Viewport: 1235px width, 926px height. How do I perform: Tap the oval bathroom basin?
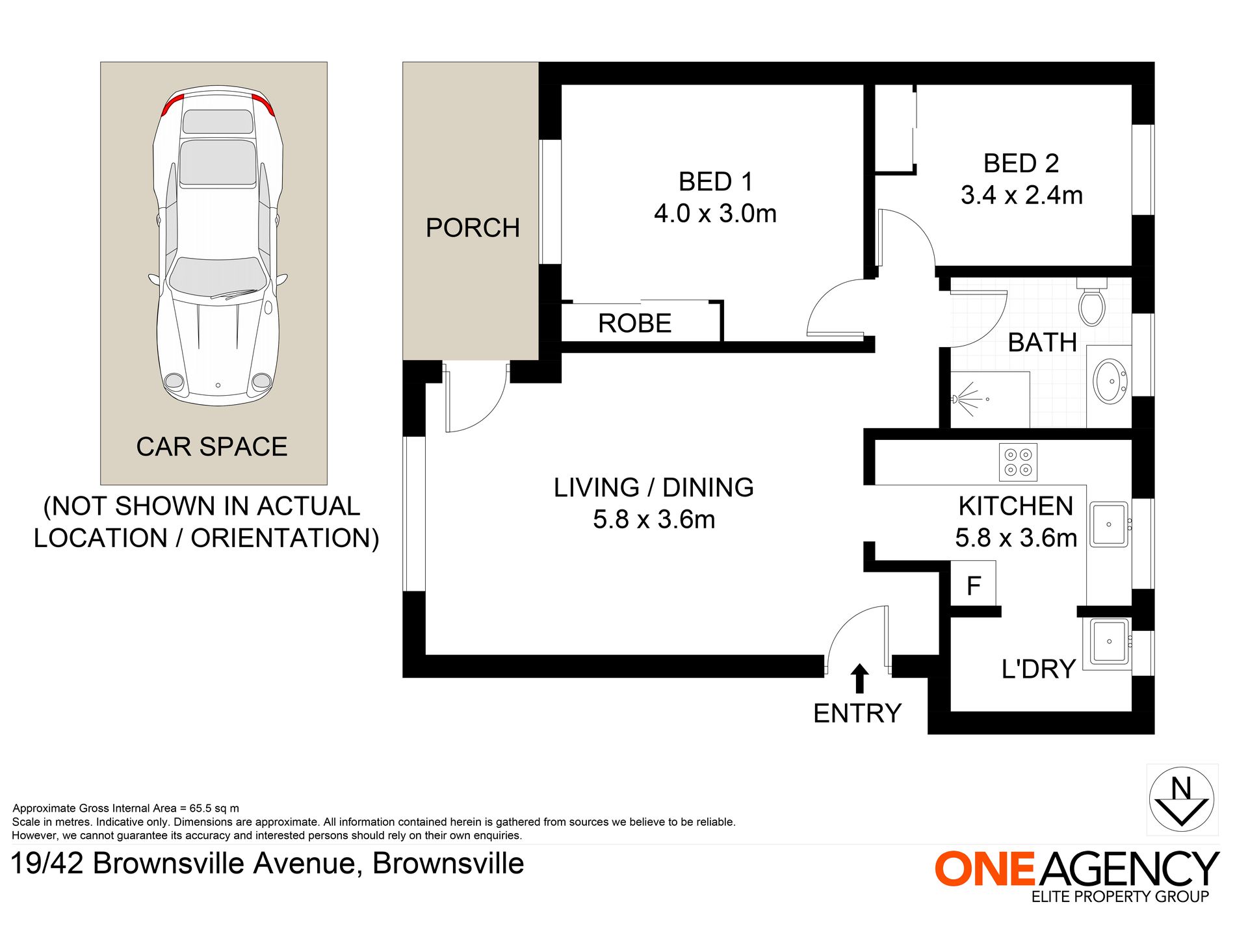coord(1110,381)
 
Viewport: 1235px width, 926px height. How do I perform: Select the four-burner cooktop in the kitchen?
coord(1018,462)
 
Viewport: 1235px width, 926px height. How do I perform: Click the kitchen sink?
coord(1109,524)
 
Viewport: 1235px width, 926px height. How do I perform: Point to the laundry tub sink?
coord(1109,641)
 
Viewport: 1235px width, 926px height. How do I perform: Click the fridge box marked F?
coord(973,586)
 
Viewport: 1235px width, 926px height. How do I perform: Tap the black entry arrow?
coord(859,678)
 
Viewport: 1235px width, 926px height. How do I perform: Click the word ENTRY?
coord(857,714)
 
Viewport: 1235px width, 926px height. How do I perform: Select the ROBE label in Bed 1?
coord(634,324)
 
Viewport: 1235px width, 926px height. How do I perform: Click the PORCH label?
coord(473,228)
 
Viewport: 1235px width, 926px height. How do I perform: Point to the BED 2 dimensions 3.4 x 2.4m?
coord(1021,195)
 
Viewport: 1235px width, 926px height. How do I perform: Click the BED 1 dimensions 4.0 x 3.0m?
coord(715,213)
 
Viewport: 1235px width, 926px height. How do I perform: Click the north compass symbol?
coord(1181,800)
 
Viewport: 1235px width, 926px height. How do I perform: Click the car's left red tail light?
coord(172,103)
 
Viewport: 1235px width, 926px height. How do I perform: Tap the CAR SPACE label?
coord(212,447)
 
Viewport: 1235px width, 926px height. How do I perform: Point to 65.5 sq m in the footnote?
coord(214,808)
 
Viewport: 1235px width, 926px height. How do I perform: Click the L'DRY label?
coord(1038,669)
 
